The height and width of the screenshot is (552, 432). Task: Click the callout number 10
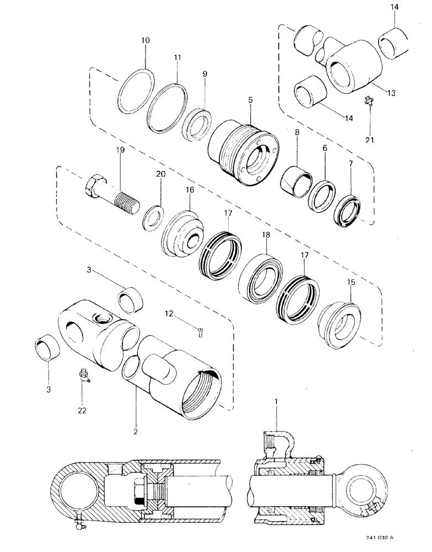pos(145,41)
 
